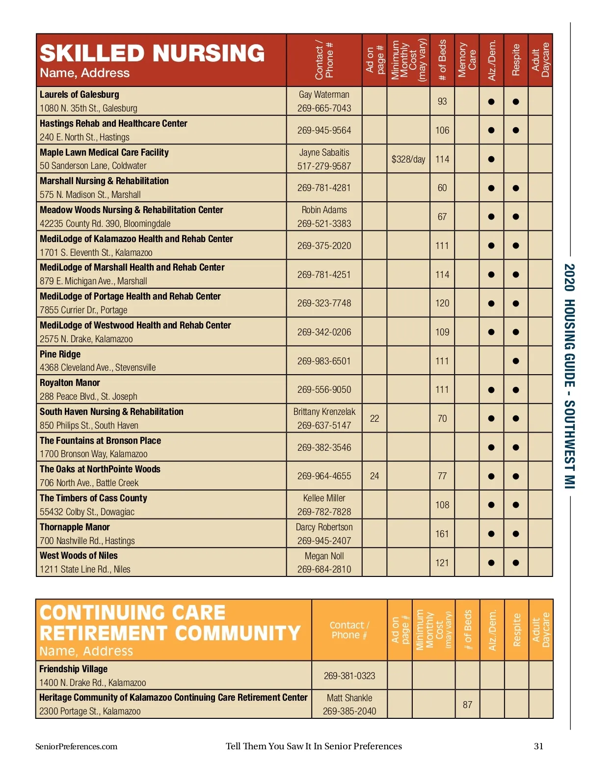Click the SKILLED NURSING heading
pyautogui.click(x=152, y=53)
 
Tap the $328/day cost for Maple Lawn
pyautogui.click(x=408, y=159)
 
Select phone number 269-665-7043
pyautogui.click(x=324, y=108)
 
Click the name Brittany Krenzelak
pyautogui.click(x=324, y=411)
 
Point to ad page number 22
pyautogui.click(x=375, y=418)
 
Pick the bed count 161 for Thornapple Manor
pyautogui.click(x=442, y=534)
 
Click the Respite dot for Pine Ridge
pyautogui.click(x=515, y=361)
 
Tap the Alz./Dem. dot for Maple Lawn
pyautogui.click(x=491, y=159)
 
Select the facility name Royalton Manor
pyautogui.click(x=70, y=382)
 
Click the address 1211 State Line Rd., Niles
pyautogui.click(x=85, y=569)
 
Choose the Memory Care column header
pyautogui.click(x=467, y=60)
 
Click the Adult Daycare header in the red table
pyautogui.click(x=540, y=60)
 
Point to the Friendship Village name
pyautogui.click(x=73, y=669)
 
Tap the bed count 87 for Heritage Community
pyautogui.click(x=467, y=705)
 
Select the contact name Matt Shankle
pyautogui.click(x=349, y=698)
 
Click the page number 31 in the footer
pyautogui.click(x=538, y=746)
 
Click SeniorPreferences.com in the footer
pyautogui.click(x=77, y=746)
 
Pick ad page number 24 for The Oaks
pyautogui.click(x=375, y=476)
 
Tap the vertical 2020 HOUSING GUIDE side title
pyautogui.click(x=569, y=376)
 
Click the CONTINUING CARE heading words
pyautogui.click(x=133, y=613)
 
